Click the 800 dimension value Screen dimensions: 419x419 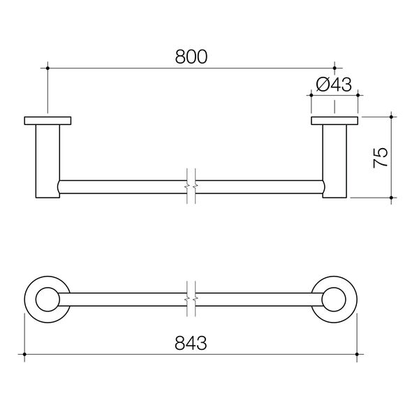coord(191,57)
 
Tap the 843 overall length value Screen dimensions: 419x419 coord(191,343)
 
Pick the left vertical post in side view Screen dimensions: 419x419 coord(47,161)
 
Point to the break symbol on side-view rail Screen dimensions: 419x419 coord(191,187)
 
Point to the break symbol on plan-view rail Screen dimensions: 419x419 coord(191,298)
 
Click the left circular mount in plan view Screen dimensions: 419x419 coord(47,298)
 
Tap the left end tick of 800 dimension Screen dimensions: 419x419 coord(47,68)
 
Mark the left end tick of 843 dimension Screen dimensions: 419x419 coord(24,355)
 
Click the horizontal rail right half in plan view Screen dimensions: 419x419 coord(258,298)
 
